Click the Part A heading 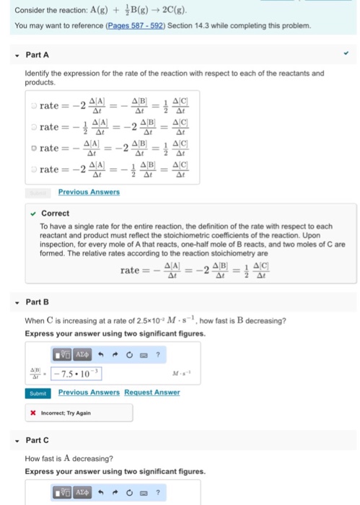(x=36, y=54)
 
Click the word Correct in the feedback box (x=56, y=214)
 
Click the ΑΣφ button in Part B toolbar (x=82, y=354)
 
